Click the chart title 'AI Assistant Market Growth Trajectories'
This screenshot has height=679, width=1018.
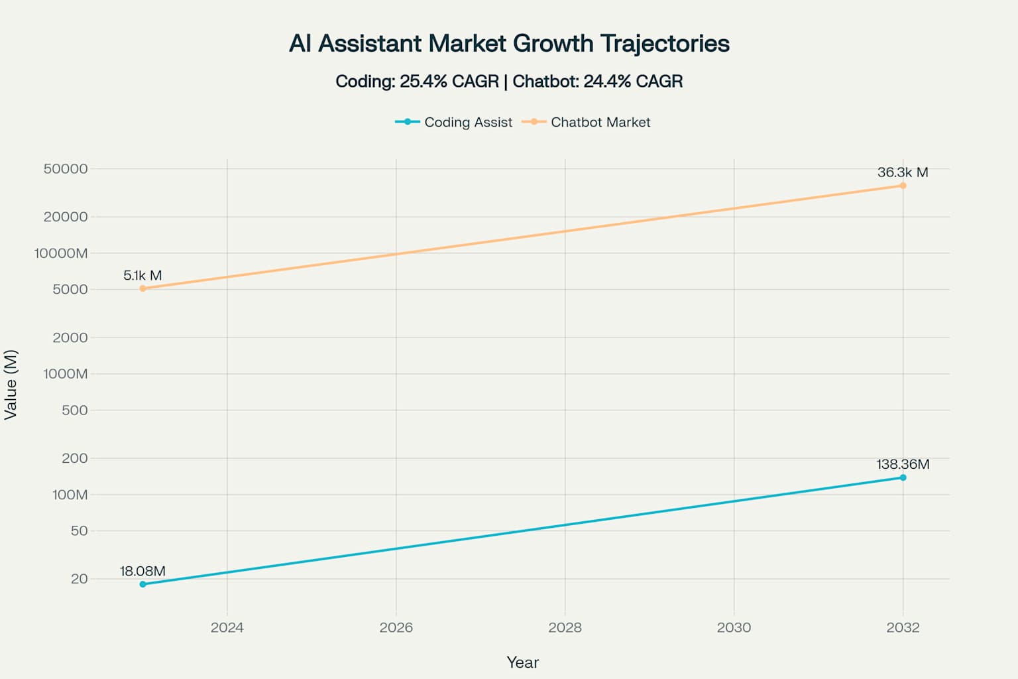tap(509, 44)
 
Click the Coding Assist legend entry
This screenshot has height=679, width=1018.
tap(454, 122)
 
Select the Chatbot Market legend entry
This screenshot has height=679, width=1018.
tap(587, 122)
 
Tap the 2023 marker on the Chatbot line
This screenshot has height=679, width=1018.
tap(142, 288)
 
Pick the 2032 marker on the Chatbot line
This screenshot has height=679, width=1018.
tap(903, 186)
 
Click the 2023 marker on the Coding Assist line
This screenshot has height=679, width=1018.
tap(142, 584)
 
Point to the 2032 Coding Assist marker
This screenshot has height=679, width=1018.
tap(903, 477)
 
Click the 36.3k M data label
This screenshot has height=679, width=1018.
tap(903, 172)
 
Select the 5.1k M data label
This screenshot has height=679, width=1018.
tap(142, 275)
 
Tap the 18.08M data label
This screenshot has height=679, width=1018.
tap(142, 571)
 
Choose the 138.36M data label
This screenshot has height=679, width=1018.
tap(903, 464)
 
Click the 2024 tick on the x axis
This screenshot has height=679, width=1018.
tap(227, 627)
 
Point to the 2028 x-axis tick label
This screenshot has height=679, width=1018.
tap(565, 627)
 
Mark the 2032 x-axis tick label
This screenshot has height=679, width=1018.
tap(903, 627)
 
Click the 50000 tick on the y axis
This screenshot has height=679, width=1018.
tap(66, 168)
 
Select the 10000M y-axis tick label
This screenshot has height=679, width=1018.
tap(61, 253)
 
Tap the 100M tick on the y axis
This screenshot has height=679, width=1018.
tap(70, 495)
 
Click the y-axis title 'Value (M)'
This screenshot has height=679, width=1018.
tap(11, 385)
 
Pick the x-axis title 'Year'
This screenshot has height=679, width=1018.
tap(522, 662)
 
